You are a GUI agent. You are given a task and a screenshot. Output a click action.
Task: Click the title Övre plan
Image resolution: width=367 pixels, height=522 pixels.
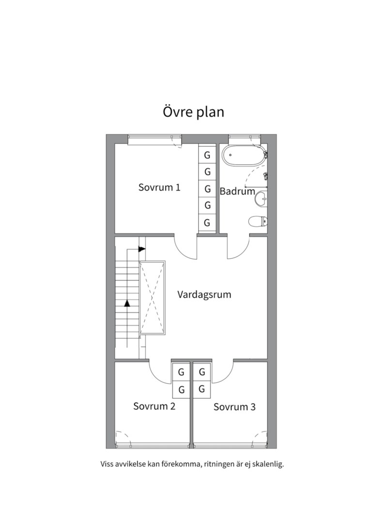pos(193,112)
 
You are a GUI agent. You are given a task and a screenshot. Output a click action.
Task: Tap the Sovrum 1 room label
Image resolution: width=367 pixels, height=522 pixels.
pos(159,188)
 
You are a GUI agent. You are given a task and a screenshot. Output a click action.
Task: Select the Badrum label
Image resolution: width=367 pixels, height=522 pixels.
pos(237,191)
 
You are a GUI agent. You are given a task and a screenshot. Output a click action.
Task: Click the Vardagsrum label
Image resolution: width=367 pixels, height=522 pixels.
pos(204,294)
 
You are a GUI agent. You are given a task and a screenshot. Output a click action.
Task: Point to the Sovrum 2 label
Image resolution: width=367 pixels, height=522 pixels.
pos(154,406)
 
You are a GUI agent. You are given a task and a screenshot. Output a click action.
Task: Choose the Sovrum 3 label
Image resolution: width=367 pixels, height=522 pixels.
pos(234,407)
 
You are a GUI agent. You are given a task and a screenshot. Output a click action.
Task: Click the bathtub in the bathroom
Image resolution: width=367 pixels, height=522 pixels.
pos(243,157)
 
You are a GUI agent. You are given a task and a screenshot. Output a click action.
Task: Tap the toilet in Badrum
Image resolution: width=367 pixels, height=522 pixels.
pos(258,222)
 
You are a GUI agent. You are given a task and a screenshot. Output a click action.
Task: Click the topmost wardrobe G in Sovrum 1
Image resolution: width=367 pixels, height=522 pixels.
pos(207,156)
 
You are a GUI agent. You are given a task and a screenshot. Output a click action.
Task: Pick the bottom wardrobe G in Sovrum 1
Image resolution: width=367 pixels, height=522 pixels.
pos(207,223)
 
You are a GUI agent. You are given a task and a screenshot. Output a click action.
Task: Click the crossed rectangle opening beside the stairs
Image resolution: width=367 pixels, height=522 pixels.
pos(153,297)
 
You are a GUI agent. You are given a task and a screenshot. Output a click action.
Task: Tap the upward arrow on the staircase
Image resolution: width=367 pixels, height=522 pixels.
pos(127,304)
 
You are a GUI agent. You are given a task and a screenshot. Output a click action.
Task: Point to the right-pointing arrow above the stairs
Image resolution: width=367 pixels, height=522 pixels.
pos(142,249)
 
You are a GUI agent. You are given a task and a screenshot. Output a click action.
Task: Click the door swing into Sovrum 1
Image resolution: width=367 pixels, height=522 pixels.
pos(186,247)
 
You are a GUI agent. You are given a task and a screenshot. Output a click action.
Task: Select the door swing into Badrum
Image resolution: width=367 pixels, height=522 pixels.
pos(238,247)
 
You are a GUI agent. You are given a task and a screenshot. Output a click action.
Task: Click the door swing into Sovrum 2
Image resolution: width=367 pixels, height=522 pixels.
pos(160,373)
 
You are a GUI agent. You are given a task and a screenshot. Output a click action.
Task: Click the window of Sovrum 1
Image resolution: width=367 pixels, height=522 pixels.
pos(151,140)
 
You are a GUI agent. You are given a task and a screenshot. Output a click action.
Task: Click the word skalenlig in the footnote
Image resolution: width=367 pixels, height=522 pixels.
pos(266,464)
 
